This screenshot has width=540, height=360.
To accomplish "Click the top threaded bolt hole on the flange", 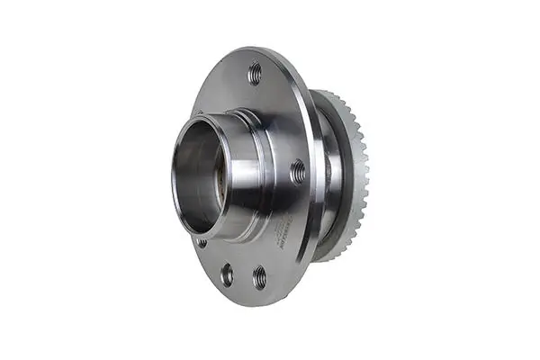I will point(255,73).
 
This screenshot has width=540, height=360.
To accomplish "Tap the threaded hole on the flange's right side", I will point(297,169).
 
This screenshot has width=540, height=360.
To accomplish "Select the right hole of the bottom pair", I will point(259,275).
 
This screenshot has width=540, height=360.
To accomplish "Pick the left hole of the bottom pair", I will point(227,273).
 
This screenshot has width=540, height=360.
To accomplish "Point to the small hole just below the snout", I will point(202,242).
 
